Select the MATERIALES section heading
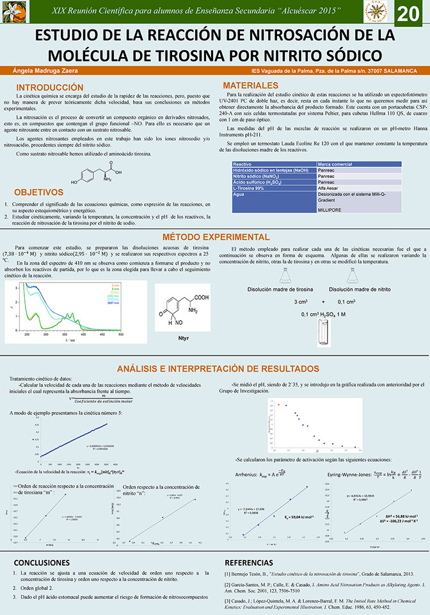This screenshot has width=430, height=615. (250, 86)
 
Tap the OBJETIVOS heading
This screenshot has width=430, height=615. (38, 192)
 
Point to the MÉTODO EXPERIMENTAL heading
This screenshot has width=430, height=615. (215, 236)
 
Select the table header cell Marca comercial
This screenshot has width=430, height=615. (338, 164)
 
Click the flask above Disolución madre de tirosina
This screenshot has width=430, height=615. (286, 275)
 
